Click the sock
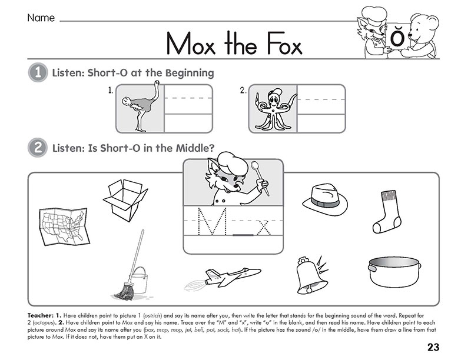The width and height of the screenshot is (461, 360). point(387,211)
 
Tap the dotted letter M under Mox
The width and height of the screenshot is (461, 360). point(211,222)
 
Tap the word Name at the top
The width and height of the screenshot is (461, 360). point(41,18)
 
